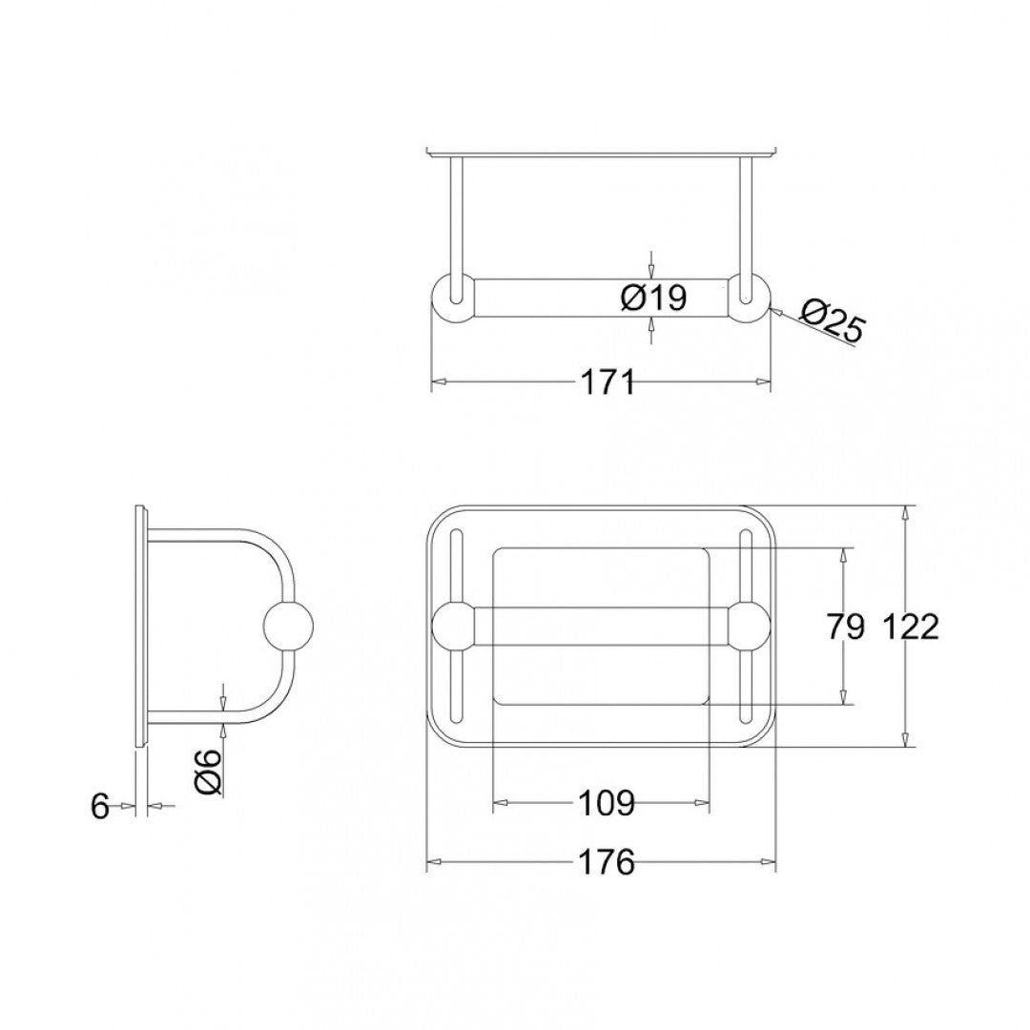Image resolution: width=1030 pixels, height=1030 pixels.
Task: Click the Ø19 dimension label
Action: (653, 298)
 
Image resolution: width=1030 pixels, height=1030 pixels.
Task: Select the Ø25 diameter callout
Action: (832, 321)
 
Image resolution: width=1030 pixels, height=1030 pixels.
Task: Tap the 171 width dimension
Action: (608, 381)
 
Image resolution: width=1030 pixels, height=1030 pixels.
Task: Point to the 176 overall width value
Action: (607, 863)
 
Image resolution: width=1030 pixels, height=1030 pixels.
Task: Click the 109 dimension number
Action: (607, 804)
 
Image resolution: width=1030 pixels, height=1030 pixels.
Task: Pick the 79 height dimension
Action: (845, 627)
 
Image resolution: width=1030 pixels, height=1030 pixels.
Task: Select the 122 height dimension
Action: (910, 627)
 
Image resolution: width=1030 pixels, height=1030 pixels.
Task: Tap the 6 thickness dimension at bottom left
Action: (100, 807)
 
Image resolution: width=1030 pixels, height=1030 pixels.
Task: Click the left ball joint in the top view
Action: (455, 626)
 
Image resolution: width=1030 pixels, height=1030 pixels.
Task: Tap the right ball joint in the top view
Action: (749, 626)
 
